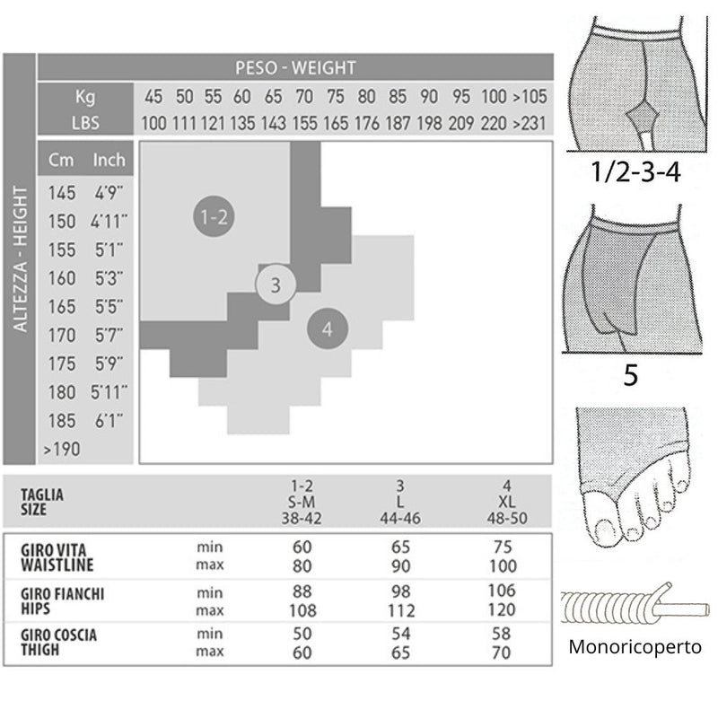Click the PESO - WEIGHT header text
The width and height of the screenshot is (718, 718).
pos(295,68)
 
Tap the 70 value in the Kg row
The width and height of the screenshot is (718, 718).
pos(304,97)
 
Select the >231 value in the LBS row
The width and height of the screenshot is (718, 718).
pos(530,123)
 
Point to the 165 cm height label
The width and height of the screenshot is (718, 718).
pos(62,307)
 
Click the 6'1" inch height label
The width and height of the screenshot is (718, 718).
pos(109,421)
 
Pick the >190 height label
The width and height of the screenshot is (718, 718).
pos(62,450)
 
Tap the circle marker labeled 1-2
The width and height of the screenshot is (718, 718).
pos(214,216)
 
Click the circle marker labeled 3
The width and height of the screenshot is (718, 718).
pos(276,285)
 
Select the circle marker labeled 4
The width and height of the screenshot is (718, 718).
pos(328,328)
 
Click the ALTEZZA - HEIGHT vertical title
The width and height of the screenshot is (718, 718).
pos(20,258)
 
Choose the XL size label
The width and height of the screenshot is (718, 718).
pos(506,502)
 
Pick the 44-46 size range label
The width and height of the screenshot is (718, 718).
pos(399,519)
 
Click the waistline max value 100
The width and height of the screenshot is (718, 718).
pos(503,566)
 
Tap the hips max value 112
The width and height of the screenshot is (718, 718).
pos(400,610)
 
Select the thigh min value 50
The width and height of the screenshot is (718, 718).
pos(302,634)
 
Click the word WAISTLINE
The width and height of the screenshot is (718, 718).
pos(57,565)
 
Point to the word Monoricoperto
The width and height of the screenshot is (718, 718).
pos(635,647)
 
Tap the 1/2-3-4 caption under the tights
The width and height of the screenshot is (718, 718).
pos(635,172)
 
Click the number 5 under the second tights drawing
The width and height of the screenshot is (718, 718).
pos(631,375)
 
